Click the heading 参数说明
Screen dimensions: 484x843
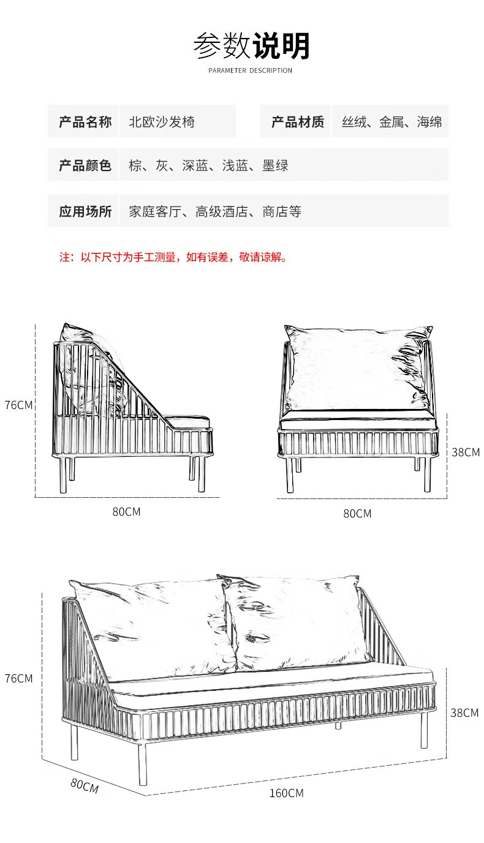[x=251, y=46]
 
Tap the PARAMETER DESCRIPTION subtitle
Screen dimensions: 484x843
[x=250, y=71]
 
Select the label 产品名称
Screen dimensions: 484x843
[x=85, y=122]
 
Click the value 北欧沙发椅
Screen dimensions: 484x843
[x=162, y=122]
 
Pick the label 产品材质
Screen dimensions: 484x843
[x=297, y=122]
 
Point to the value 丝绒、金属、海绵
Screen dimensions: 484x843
[x=391, y=122]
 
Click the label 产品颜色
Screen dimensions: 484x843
[x=85, y=166]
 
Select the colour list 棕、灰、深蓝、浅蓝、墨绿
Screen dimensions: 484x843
[x=208, y=166]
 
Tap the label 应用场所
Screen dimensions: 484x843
[x=85, y=212]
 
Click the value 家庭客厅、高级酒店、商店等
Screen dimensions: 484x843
[x=215, y=212]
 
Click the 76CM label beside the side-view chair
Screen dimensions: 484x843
[x=18, y=405]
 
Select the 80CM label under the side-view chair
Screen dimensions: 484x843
[x=126, y=511]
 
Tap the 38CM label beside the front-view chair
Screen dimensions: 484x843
[x=466, y=452]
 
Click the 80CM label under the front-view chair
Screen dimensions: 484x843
[x=357, y=514]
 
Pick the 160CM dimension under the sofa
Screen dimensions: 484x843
[x=286, y=793]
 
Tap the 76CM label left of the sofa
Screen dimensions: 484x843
[x=18, y=679]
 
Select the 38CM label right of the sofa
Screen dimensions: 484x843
[x=464, y=712]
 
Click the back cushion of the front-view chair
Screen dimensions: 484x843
[x=355, y=368]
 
